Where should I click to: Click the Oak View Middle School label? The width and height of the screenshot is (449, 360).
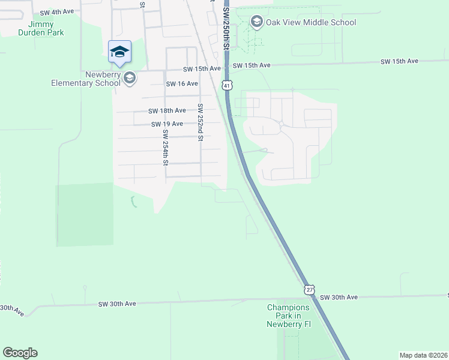point(311,23)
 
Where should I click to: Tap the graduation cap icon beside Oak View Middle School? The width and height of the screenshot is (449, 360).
point(257,23)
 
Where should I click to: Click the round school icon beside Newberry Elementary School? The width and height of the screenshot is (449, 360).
point(129,78)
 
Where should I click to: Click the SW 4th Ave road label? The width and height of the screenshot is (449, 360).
point(57,12)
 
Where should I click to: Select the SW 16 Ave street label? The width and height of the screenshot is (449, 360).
point(182,83)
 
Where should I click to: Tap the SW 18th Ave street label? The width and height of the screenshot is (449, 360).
point(167,110)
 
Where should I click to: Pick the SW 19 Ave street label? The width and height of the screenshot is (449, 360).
point(167,124)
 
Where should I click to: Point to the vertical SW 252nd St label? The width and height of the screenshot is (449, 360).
point(200,122)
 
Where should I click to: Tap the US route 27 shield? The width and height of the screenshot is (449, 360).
point(309,289)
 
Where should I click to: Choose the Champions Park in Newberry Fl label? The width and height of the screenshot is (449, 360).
point(289,316)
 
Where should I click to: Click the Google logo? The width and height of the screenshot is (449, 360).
point(20,353)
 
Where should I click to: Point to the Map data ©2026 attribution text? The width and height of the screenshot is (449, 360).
point(423,355)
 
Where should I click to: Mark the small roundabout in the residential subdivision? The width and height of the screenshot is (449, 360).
point(281,124)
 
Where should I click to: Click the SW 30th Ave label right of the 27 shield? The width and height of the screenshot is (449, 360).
point(339,298)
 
